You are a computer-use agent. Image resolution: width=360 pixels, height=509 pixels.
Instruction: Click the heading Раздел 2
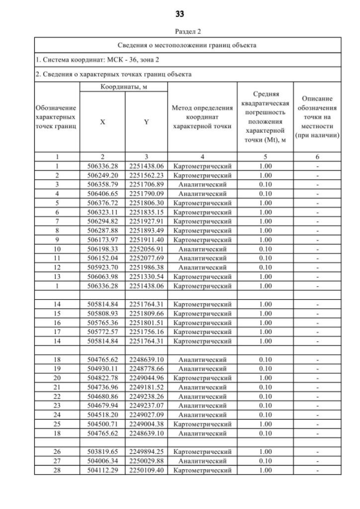(x=180, y=31)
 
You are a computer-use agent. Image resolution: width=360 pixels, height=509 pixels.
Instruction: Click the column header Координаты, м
(x=124, y=87)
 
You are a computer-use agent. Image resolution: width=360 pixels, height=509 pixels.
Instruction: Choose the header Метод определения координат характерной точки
(x=202, y=117)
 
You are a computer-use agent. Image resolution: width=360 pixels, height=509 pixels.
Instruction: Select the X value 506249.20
(x=102, y=175)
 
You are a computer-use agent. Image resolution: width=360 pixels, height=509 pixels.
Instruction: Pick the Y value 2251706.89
(x=146, y=184)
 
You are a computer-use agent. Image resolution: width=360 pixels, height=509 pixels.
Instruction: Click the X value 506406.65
(x=102, y=193)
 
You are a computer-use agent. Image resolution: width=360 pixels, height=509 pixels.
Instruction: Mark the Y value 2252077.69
(x=146, y=258)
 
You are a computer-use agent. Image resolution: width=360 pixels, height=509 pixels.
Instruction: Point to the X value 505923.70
(x=102, y=267)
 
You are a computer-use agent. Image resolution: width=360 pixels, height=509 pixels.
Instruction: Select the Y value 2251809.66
(x=146, y=313)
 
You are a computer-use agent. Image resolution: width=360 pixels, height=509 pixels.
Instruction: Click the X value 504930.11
(x=102, y=368)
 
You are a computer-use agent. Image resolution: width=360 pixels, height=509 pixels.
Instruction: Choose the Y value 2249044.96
(x=146, y=378)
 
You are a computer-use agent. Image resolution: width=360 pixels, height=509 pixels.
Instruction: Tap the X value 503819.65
(x=102, y=452)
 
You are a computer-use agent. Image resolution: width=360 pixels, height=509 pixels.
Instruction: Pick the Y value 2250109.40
(x=146, y=470)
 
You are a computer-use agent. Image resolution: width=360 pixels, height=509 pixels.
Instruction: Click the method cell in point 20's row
(x=202, y=378)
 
